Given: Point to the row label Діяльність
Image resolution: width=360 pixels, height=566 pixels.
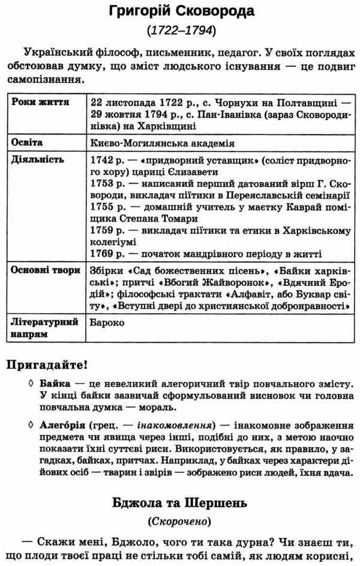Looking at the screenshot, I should click(35, 161).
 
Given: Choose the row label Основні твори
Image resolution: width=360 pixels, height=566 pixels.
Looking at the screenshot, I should click(46, 270).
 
